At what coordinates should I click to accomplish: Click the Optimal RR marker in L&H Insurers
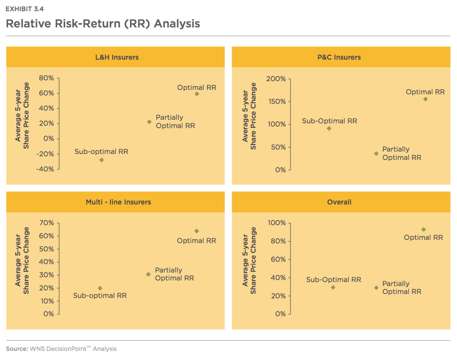(197, 94)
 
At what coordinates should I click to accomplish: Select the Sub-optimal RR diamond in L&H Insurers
(101, 160)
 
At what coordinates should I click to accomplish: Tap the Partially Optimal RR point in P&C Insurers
(376, 154)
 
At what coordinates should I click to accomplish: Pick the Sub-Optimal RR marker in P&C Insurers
(329, 128)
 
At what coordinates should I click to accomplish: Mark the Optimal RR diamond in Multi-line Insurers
(197, 231)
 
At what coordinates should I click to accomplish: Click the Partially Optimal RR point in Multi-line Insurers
(148, 274)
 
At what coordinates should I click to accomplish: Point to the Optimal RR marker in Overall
(424, 230)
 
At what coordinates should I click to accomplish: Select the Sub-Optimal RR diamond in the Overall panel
(333, 287)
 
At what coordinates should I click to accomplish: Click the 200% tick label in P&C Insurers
(276, 79)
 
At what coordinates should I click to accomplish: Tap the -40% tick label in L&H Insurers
(45, 169)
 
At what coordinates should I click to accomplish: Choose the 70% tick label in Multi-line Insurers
(46, 223)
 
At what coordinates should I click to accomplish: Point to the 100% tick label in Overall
(277, 223)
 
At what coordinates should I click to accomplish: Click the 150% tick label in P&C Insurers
(277, 101)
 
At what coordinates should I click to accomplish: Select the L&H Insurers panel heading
(117, 57)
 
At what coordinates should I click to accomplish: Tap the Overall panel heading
(339, 202)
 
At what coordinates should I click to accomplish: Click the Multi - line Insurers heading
(118, 202)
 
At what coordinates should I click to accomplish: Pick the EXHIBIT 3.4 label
(25, 9)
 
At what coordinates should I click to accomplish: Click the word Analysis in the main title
(177, 23)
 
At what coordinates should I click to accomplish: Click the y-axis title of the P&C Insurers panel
(249, 116)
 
